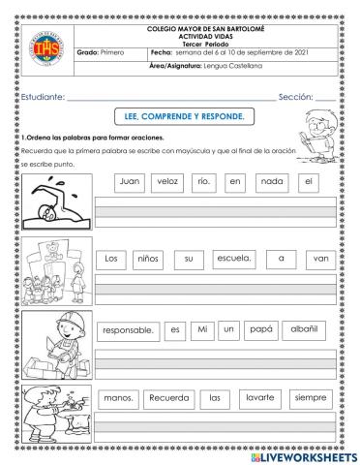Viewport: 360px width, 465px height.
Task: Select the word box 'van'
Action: [x=317, y=259]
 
